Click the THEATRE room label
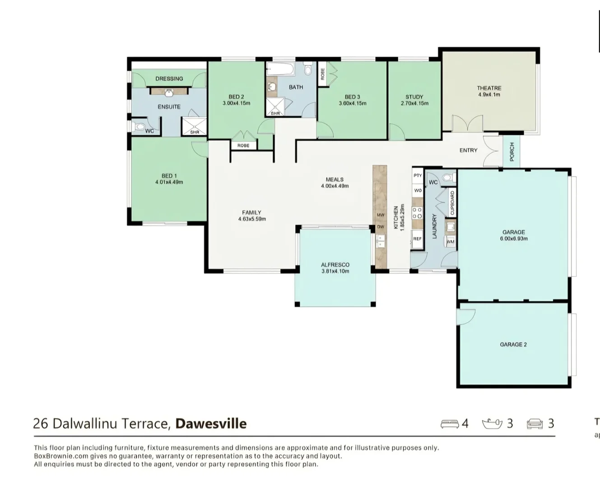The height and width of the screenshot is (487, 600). click(x=489, y=88)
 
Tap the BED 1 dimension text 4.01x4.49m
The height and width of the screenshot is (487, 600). click(x=169, y=183)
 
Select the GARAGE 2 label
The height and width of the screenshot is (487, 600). click(x=513, y=345)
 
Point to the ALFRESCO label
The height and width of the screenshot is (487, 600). click(x=335, y=265)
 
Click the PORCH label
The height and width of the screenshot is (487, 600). click(x=512, y=152)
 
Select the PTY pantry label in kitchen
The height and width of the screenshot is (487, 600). click(x=418, y=175)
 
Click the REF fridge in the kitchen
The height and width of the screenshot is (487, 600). click(x=417, y=239)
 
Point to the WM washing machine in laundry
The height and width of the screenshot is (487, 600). click(x=450, y=242)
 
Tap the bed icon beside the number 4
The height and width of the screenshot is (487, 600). click(x=449, y=424)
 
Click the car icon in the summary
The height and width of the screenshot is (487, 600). click(x=535, y=424)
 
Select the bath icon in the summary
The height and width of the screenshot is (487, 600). click(x=492, y=424)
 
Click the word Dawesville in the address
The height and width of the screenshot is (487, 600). click(x=211, y=424)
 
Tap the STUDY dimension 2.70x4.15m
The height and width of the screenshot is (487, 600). click(x=414, y=103)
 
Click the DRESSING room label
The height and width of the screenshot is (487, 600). click(x=169, y=78)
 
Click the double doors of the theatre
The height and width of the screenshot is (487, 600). click(x=468, y=123)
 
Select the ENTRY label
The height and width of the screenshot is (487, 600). click(x=468, y=150)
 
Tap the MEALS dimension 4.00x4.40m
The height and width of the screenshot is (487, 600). click(x=335, y=186)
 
